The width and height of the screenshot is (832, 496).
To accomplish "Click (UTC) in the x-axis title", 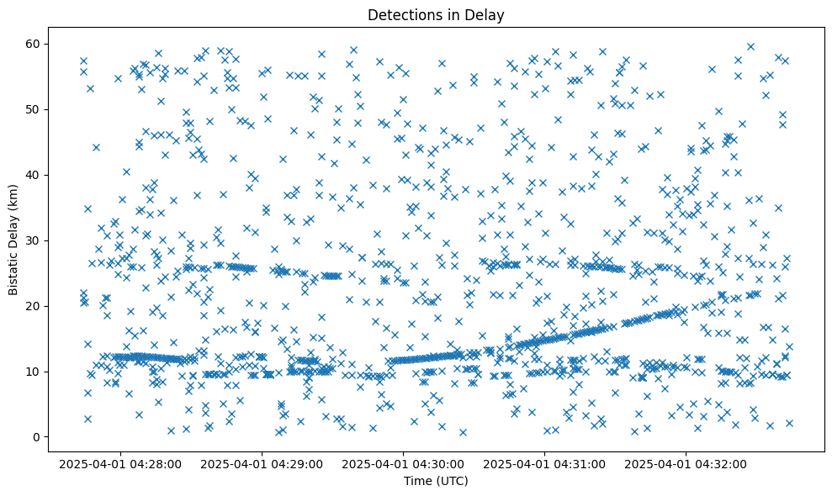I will pyautogui.click(x=451, y=481).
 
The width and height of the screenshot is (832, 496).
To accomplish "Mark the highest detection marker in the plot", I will pyautogui.click(x=750, y=46).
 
